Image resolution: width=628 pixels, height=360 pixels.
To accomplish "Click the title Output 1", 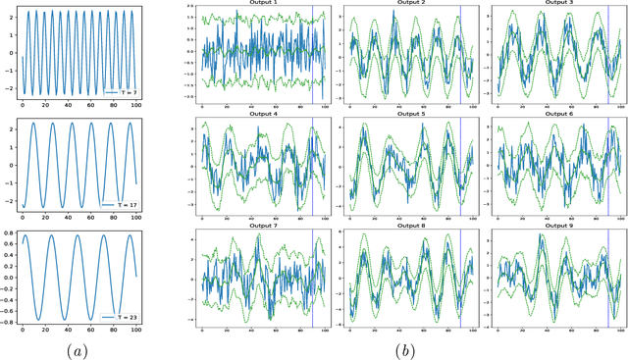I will pos(262,5).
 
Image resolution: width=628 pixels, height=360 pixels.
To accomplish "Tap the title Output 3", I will pos(556,5).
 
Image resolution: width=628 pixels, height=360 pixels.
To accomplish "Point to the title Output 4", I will pos(262,115).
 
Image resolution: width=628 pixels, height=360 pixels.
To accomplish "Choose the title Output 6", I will pos(556,115).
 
